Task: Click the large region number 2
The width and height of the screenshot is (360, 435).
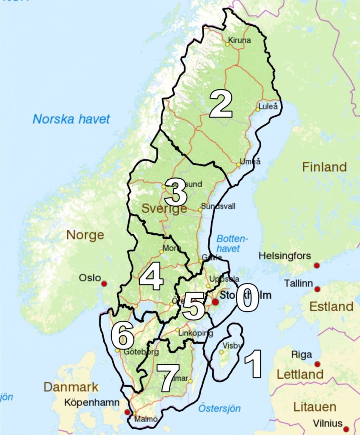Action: click(221, 105)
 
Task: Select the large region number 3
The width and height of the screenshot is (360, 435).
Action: click(176, 193)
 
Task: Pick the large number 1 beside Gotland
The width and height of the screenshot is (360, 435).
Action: click(253, 364)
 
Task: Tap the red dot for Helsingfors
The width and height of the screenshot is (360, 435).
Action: click(316, 266)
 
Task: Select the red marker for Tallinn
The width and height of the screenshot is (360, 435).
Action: click(317, 289)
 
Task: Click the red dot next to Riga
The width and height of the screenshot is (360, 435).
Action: click(317, 364)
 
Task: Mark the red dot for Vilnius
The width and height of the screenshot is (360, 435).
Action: click(346, 429)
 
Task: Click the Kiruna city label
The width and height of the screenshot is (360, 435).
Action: click(239, 41)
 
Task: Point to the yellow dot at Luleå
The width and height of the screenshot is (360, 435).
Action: click(257, 109)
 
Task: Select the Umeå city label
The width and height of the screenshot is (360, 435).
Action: click(250, 161)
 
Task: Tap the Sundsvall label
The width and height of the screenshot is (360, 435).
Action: click(218, 206)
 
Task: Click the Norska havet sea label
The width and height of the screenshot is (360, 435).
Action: click(71, 119)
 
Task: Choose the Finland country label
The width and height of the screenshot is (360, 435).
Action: click(324, 167)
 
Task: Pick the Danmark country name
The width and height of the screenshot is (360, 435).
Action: click(71, 387)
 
